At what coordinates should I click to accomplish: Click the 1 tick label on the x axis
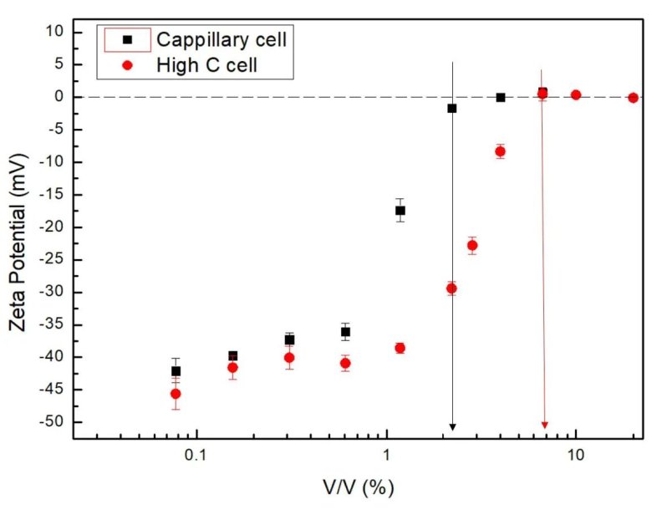[386, 456]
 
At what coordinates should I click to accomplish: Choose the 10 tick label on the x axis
[575, 456]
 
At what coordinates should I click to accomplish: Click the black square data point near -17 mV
[400, 211]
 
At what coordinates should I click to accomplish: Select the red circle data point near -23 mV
[472, 245]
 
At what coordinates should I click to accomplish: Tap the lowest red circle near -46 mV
[176, 394]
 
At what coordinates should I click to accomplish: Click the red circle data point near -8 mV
[500, 151]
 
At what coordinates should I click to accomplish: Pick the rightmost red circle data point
[633, 98]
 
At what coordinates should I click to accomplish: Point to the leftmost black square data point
[176, 370]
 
